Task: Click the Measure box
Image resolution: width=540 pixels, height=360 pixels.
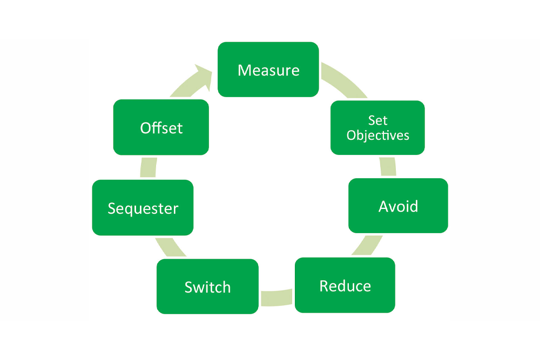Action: pyautogui.click(x=268, y=70)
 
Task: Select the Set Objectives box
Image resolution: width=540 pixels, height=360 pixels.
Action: pyautogui.click(x=377, y=127)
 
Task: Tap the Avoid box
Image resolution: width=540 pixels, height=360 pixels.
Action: pyautogui.click(x=398, y=206)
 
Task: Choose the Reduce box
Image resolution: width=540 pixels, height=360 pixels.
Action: pyautogui.click(x=345, y=285)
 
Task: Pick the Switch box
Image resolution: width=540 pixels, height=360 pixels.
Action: pyautogui.click(x=207, y=287)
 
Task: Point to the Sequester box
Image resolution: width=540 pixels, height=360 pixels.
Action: pyautogui.click(x=143, y=208)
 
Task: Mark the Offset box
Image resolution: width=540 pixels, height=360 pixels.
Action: pyautogui.click(x=161, y=127)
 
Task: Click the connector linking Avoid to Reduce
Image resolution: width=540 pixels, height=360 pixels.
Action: pyautogui.click(x=368, y=246)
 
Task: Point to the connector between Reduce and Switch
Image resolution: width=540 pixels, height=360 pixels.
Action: pyautogui.click(x=276, y=298)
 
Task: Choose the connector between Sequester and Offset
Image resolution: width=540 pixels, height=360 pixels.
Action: pyautogui.click(x=147, y=167)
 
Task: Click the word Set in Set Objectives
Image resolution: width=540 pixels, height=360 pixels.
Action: pyautogui.click(x=378, y=120)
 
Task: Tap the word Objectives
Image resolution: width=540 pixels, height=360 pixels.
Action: pyautogui.click(x=378, y=135)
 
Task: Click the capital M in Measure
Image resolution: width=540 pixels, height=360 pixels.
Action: pyautogui.click(x=244, y=70)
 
